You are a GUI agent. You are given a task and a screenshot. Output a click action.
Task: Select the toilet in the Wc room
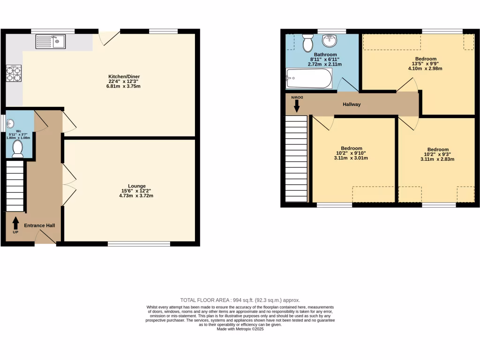pos(18,149)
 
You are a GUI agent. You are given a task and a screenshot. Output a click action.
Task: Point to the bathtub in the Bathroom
pos(309,78)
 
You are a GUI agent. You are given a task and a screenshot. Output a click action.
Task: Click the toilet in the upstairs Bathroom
pos(308,43)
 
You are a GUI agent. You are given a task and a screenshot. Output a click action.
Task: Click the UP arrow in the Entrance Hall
pos(15,225)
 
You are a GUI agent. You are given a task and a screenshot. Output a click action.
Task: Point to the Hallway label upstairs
pos(352,104)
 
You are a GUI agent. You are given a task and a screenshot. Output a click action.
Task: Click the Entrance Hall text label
pos(39,225)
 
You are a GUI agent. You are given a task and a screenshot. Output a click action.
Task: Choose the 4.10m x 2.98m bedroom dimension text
pos(425,68)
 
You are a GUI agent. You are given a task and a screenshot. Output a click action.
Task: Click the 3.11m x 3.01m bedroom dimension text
pos(351,158)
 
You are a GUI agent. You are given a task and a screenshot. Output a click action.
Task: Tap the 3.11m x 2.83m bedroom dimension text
pos(437,159)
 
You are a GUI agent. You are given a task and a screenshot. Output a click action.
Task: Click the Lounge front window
pos(139,243)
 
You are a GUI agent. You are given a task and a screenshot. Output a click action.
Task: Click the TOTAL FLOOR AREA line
pos(240,300)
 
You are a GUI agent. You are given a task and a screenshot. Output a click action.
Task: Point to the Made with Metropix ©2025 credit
pos(240,329)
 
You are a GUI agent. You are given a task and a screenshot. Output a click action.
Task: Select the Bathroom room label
pos(325,54)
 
